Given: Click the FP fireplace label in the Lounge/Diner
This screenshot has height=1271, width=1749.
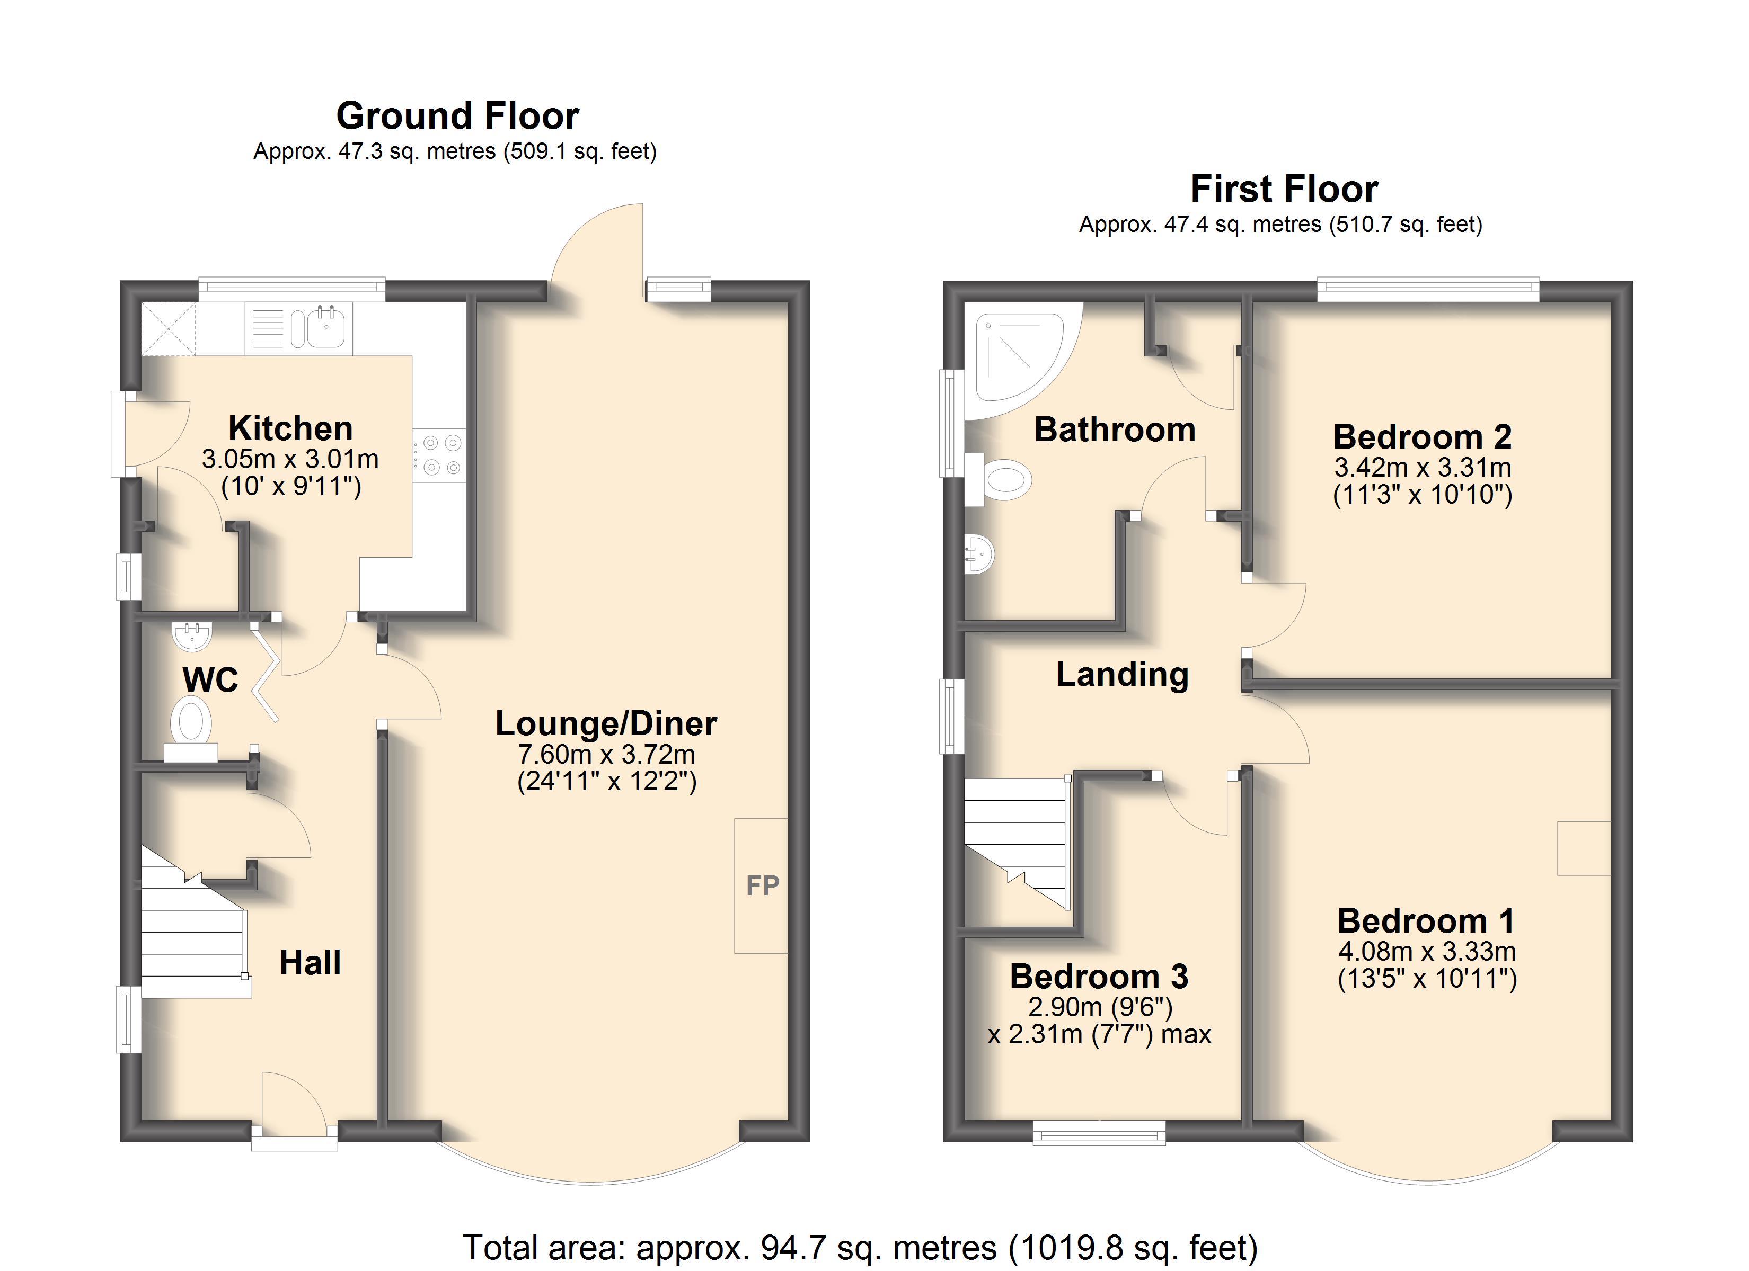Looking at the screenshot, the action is (763, 885).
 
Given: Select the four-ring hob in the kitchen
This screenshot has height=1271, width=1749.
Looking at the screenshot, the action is (439, 455).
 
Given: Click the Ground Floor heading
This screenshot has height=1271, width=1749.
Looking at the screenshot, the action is (457, 117).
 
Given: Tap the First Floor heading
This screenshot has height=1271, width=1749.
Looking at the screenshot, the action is (1284, 189).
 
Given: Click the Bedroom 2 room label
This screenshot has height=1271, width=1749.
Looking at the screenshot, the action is (1422, 437).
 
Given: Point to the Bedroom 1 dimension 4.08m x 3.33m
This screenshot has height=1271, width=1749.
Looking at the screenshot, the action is (1427, 952).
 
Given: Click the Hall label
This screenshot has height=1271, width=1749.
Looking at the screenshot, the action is (310, 963).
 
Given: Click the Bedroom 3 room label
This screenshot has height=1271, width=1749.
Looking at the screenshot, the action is (1099, 977).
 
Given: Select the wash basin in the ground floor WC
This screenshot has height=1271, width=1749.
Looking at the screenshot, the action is (190, 636).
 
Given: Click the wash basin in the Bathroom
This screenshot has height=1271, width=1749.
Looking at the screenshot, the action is (979, 553).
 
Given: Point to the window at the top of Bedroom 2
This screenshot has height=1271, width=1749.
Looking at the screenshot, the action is (1428, 289).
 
